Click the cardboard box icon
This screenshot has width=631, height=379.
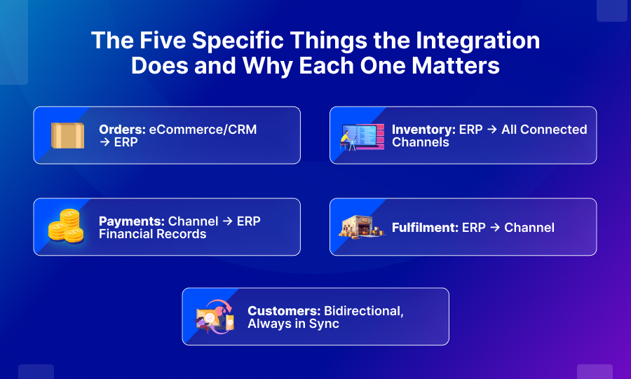tap(67, 135)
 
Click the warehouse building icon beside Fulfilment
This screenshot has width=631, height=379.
tap(362, 227)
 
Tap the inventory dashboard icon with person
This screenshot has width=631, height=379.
tap(362, 136)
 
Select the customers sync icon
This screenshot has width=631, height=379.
tap(215, 317)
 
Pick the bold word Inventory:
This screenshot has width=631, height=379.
tap(423, 130)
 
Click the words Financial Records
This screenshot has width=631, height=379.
tap(152, 234)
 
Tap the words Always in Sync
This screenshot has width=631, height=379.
tap(293, 324)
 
